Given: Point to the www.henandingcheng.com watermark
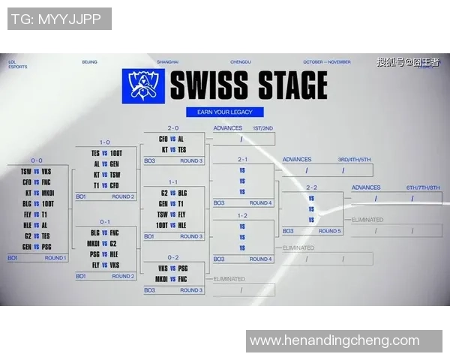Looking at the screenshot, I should click(x=334, y=340).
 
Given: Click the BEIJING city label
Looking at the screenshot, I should click(x=89, y=61).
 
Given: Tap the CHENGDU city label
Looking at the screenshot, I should click(x=239, y=61).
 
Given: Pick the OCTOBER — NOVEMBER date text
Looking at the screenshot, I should click(x=327, y=61).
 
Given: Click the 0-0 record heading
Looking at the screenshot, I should click(x=37, y=160).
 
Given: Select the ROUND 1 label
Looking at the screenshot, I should click(x=55, y=258).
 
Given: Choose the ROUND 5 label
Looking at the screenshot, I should click(x=328, y=231).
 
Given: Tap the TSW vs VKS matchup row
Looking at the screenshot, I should click(x=37, y=171).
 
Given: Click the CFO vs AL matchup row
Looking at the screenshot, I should click(x=172, y=139).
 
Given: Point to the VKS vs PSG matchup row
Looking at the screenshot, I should click(x=172, y=268).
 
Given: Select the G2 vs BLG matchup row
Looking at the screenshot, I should click(x=172, y=193).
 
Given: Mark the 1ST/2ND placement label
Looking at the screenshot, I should click(x=262, y=128).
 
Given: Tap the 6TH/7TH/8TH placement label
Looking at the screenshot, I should click(x=422, y=187).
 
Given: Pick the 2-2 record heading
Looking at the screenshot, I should click(x=310, y=187).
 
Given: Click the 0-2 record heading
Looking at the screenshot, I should click(x=172, y=257).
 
